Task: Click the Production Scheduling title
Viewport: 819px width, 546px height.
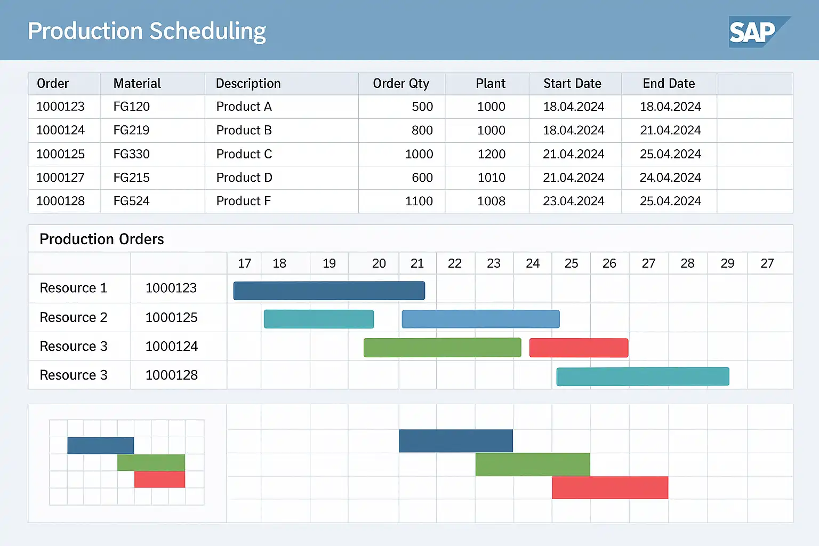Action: pos(147,31)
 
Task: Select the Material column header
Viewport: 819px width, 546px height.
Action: pos(137,84)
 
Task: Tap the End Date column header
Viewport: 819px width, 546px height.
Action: pos(669,84)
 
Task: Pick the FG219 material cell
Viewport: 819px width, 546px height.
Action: pos(131,130)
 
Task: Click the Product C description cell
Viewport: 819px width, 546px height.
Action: pos(244,154)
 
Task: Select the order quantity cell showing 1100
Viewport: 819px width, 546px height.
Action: pos(419,201)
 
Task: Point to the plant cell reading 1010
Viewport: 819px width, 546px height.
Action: pos(491,178)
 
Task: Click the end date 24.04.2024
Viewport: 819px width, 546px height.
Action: pos(670,178)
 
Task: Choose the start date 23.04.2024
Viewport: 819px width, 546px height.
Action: pos(573,201)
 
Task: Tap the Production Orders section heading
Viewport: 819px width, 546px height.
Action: pos(102,239)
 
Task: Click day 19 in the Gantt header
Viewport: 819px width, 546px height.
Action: pos(329,263)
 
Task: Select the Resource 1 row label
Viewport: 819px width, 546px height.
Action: pos(74,288)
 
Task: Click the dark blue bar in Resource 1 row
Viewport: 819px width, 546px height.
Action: pos(329,291)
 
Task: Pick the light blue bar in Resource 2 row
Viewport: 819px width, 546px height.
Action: pos(480,319)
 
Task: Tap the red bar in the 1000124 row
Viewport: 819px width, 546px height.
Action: pos(579,348)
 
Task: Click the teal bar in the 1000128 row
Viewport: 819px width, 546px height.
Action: pos(643,376)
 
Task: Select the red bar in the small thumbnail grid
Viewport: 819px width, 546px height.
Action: pos(159,479)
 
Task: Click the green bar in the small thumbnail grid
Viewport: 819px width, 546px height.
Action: pos(151,462)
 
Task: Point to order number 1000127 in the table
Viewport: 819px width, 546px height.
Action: pos(60,178)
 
